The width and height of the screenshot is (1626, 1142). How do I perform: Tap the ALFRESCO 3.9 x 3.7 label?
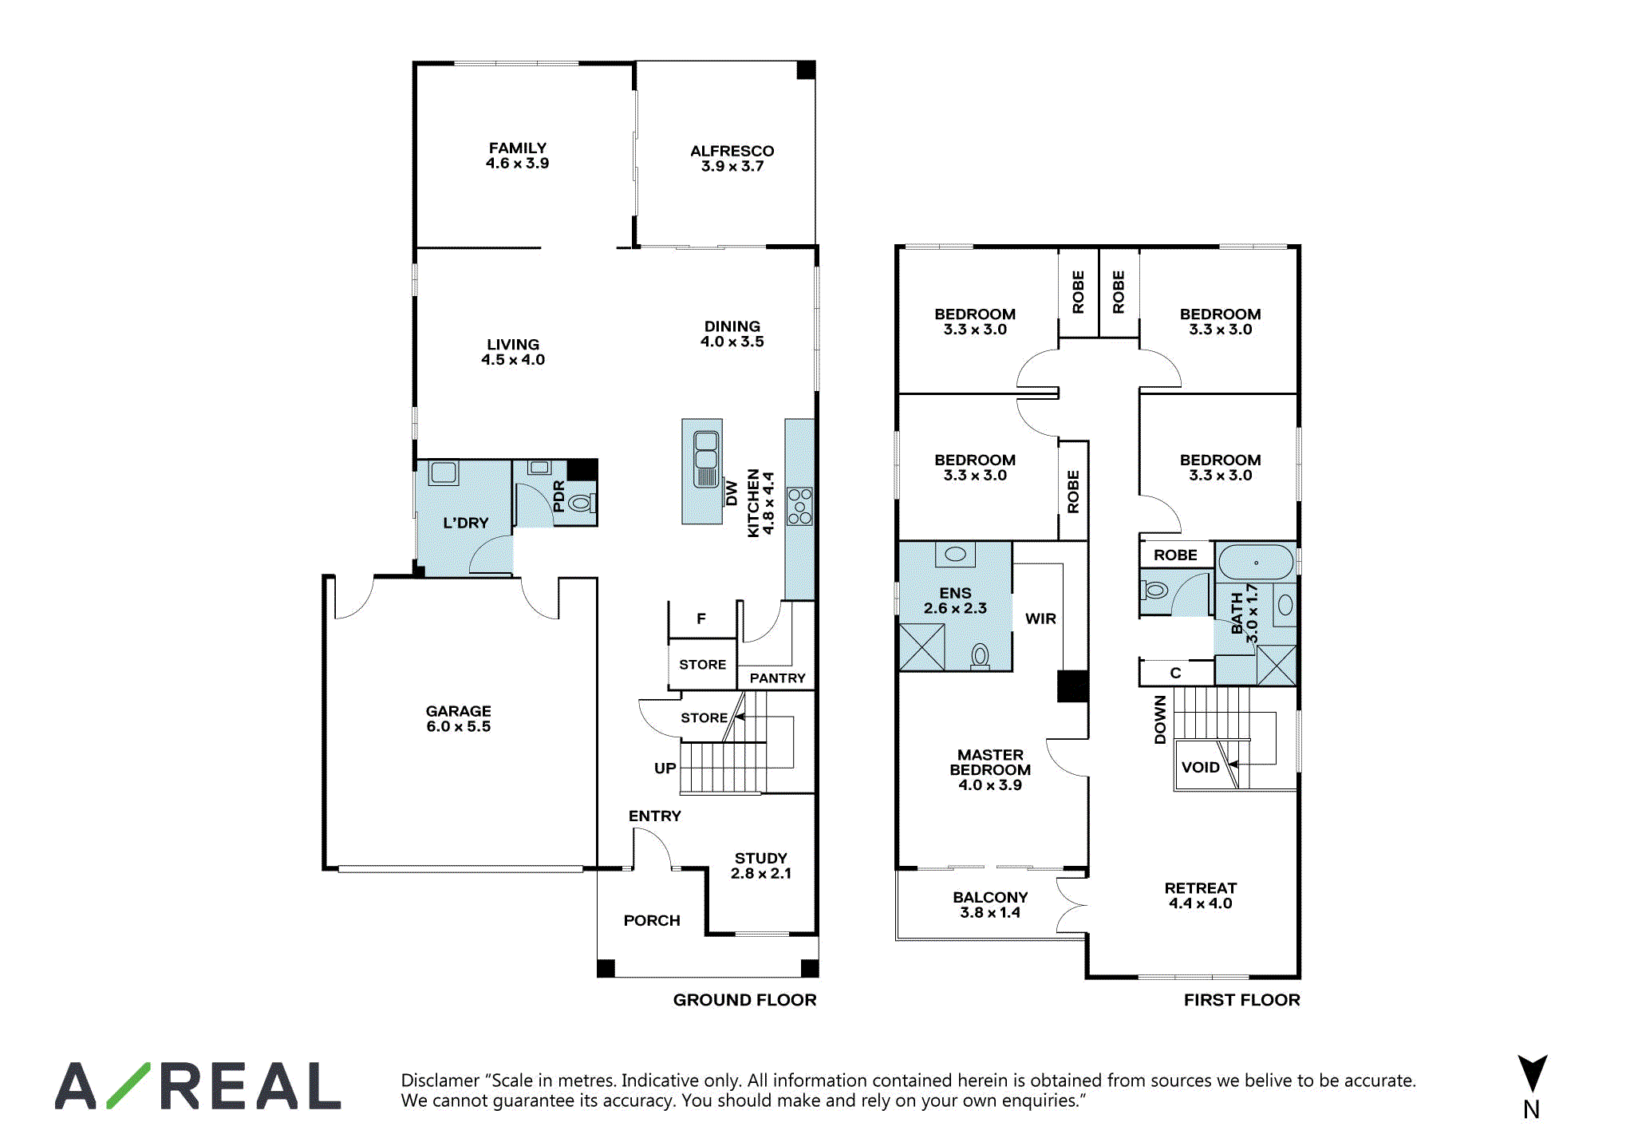732,158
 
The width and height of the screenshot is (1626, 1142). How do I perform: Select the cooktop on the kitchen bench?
799,506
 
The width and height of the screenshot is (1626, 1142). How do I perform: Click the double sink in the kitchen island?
706,459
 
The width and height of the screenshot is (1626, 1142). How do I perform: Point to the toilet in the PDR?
582,503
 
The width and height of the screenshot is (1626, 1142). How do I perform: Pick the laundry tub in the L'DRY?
444,472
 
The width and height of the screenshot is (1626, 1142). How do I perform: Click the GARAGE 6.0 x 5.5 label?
458,718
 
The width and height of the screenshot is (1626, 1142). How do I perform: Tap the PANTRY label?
777,678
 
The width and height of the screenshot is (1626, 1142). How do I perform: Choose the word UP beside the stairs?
665,768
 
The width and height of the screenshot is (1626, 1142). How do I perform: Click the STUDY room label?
760,858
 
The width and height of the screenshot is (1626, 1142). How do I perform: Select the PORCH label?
652,920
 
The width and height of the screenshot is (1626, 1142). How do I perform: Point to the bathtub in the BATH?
1256,562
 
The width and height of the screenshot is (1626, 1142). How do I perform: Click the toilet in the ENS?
980,657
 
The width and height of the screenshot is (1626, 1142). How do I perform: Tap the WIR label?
1040,618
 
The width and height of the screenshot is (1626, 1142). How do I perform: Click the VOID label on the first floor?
1200,767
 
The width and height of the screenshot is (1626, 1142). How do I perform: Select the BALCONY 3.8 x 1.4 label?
990,905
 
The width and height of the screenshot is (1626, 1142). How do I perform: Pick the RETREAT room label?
1200,887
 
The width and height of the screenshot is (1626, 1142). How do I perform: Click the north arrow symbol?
1532,1073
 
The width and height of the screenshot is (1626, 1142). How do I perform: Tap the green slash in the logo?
128,1085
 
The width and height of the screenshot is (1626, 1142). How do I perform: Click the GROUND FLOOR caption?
744,1000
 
